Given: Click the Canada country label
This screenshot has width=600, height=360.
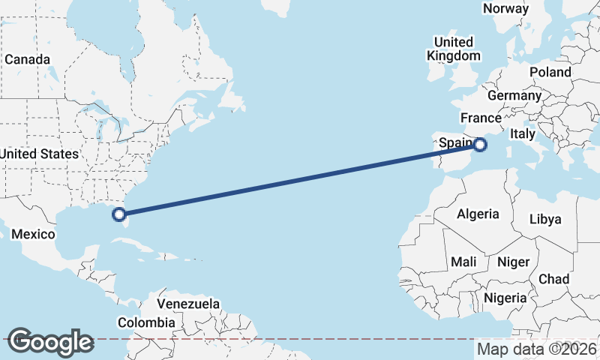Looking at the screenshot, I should [27, 59].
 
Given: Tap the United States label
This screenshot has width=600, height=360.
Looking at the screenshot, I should [39, 154].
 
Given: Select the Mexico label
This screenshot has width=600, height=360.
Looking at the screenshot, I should [33, 235].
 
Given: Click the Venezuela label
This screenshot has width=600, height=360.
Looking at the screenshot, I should [188, 304].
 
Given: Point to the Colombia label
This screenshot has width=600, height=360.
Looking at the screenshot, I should [146, 322].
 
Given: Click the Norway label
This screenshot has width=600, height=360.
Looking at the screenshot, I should [505, 8].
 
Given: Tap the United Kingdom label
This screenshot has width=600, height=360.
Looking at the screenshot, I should [454, 49].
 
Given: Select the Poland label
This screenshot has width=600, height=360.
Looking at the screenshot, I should [550, 72].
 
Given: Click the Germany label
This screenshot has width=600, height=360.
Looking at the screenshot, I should [514, 96].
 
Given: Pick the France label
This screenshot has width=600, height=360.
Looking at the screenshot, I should [481, 118].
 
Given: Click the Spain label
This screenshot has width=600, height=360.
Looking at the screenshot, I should [455, 142].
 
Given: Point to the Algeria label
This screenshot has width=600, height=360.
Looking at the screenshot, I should [478, 214].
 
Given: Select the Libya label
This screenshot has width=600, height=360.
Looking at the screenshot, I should [544, 219].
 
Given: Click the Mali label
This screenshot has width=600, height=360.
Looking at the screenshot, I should [463, 262].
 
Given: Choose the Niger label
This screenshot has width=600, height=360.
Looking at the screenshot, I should [513, 262].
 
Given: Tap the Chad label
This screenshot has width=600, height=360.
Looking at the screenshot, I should [553, 279].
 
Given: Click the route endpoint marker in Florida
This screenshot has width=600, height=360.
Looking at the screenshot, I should [118, 214].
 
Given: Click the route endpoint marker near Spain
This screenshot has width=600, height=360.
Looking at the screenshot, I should [481, 145].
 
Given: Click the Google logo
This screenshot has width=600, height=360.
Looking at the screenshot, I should [50, 341].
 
